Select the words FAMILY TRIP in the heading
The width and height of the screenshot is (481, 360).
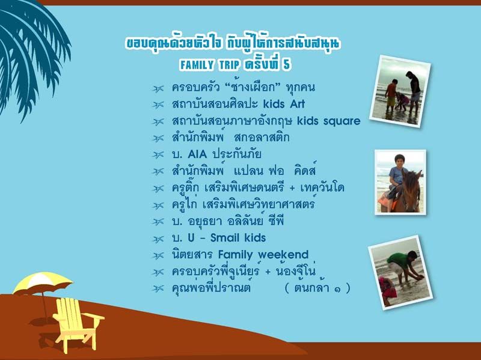[210, 65]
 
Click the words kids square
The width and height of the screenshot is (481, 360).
[328, 121]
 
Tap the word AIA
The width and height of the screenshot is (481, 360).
[197, 154]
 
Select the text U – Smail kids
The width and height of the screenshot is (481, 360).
[227, 238]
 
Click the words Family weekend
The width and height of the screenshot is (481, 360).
[263, 254]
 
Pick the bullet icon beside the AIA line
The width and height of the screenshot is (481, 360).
[158, 154]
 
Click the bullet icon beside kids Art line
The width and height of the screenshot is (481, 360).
[158, 105]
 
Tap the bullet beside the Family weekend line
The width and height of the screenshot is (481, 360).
[158, 255]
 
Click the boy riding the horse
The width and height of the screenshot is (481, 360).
[396, 178]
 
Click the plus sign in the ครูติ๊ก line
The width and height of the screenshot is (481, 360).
[292, 188]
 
